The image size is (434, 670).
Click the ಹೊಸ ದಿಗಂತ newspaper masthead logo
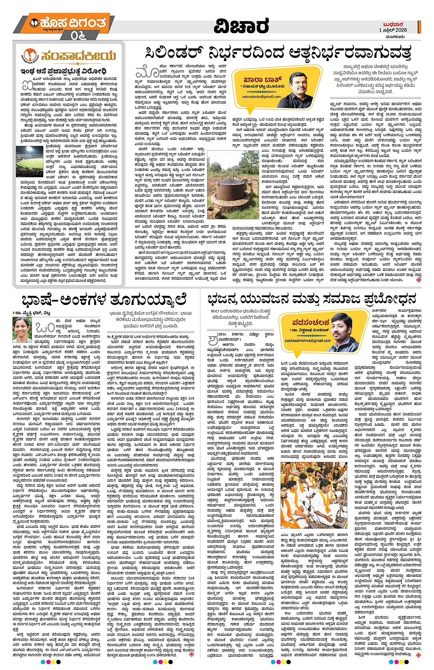68,23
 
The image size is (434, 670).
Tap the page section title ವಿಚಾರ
241,26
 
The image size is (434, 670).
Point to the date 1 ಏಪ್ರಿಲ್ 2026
393,30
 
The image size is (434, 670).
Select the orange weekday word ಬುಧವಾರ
395,24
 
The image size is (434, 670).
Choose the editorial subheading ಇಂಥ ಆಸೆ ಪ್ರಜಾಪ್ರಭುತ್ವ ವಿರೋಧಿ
63,71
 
